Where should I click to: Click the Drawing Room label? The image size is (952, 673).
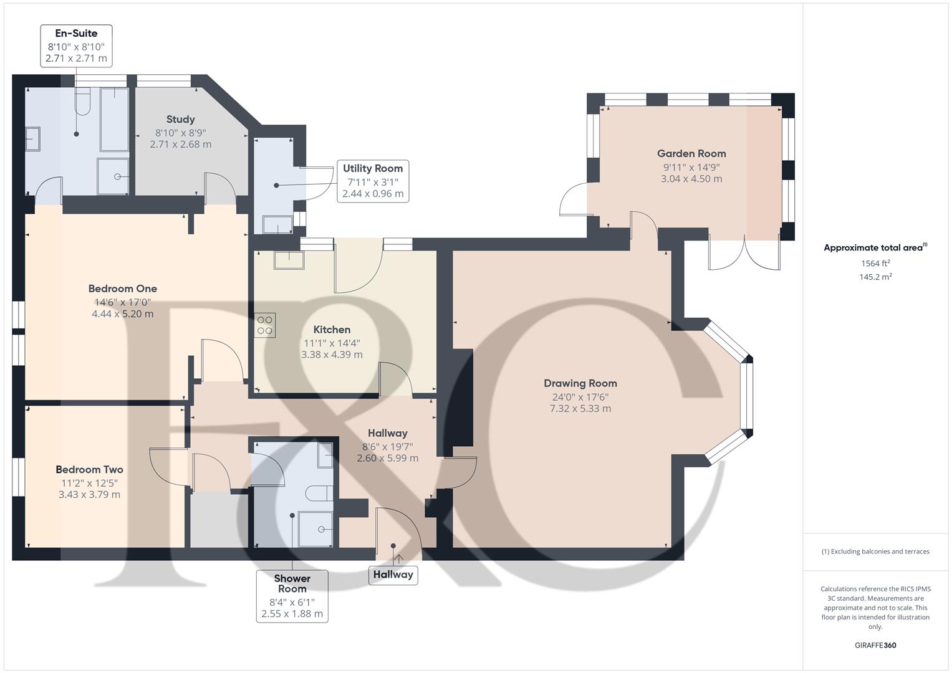coord(580,383)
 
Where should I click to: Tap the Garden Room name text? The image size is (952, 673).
coord(691,153)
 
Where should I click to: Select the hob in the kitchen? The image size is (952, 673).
coord(265,325)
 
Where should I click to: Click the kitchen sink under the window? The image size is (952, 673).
coord(289,259)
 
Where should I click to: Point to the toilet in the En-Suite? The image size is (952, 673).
coord(82,101)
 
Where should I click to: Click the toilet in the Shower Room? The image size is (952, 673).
coord(320,492)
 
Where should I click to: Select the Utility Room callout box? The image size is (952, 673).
coord(373,181)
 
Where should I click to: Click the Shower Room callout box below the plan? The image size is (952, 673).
coord(292,596)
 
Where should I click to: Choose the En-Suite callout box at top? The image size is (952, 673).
coord(76,45)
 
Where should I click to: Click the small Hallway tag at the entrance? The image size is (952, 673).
coord(393,575)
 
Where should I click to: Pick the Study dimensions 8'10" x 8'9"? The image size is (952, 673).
coord(180,132)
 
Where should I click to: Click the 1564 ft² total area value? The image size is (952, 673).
coord(875,264)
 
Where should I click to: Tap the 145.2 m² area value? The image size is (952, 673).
coord(875,277)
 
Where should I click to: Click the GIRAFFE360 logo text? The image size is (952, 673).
coord(875,645)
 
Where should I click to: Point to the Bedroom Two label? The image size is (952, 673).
coord(89,469)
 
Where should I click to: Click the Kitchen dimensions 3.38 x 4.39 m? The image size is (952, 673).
coord(332,355)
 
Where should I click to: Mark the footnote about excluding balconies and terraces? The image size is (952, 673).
coord(875,551)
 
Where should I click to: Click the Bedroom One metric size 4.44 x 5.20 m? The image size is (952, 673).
coord(122,314)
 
